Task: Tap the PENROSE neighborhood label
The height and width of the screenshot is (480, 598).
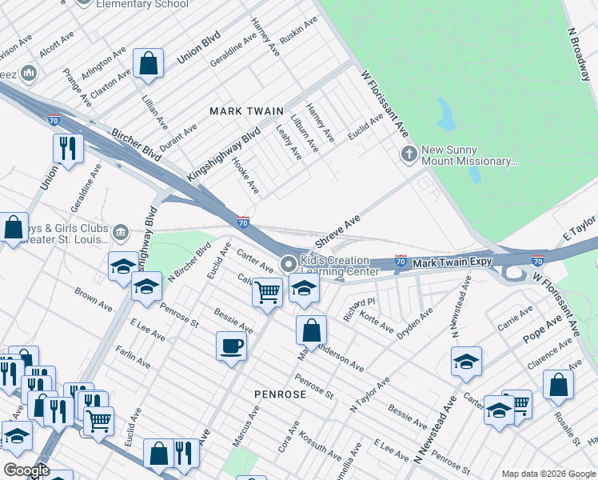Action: pyautogui.click(x=280, y=394)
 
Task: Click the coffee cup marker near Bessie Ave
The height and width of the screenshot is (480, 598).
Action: pyautogui.click(x=232, y=346)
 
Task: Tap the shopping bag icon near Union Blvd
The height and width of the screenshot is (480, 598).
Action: pyautogui.click(x=148, y=62)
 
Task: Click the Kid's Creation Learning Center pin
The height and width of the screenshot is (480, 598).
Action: pyautogui.click(x=288, y=263)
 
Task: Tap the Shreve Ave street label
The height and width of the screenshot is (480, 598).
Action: pyautogui.click(x=337, y=231)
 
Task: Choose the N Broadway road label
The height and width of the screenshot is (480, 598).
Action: pyautogui.click(x=583, y=54)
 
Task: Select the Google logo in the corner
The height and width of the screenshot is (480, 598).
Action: pyautogui.click(x=26, y=470)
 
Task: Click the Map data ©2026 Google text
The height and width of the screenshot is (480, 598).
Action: pyautogui.click(x=548, y=474)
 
